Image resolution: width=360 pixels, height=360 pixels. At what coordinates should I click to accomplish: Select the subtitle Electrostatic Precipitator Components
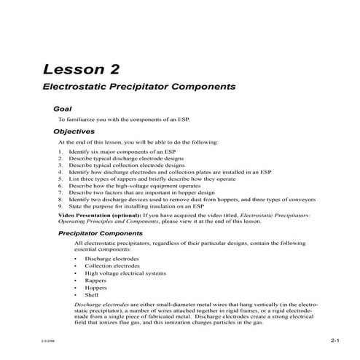(138, 86)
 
